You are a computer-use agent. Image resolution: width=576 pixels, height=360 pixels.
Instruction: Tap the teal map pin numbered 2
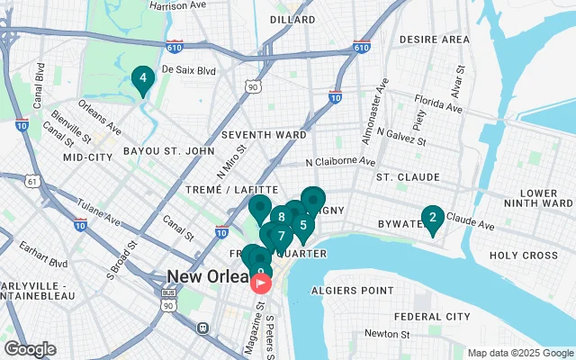tap(433, 218)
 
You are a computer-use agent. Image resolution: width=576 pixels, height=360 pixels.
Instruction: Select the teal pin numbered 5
tap(303, 226)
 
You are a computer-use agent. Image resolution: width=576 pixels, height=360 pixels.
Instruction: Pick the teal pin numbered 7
tap(281, 237)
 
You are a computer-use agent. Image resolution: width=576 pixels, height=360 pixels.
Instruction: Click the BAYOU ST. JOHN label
tap(164, 150)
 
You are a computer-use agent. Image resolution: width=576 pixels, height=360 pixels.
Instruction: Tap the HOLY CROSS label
tap(524, 256)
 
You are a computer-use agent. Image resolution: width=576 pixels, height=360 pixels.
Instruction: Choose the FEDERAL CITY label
tap(431, 317)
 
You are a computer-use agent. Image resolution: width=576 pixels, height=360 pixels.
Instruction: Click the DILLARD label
tap(292, 19)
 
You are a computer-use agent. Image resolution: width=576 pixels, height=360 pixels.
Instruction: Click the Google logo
tap(30, 349)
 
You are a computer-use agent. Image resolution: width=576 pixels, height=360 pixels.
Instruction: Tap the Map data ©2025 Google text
tap(519, 353)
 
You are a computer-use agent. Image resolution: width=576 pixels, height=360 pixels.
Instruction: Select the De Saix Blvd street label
tap(190, 69)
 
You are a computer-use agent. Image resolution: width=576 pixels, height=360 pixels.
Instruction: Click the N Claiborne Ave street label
tap(339, 163)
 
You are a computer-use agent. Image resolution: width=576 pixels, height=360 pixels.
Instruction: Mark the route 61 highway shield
tap(33, 181)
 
